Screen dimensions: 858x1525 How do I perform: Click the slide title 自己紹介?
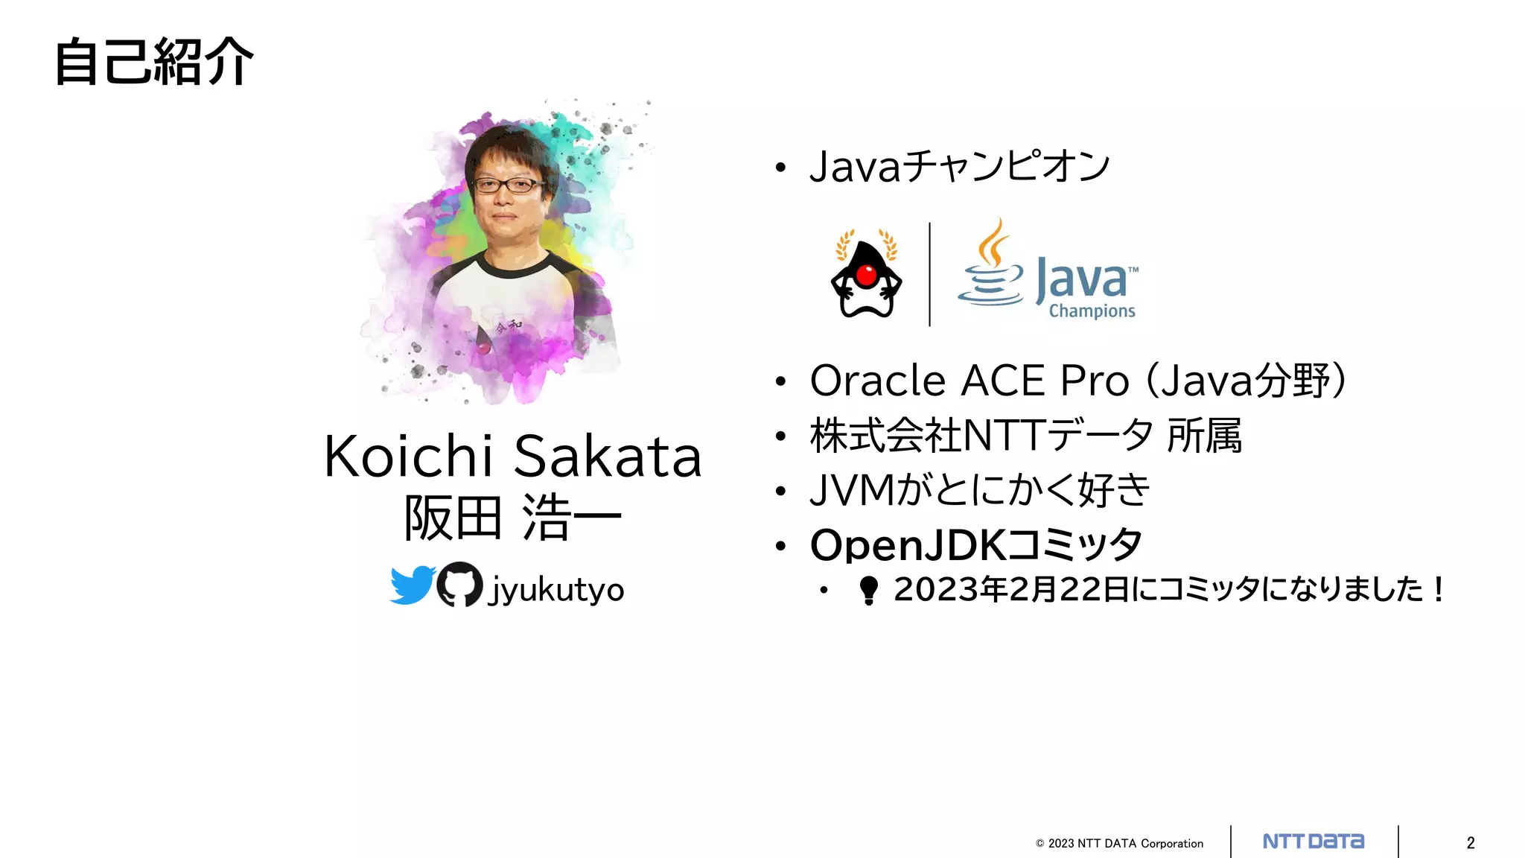pyautogui.click(x=154, y=62)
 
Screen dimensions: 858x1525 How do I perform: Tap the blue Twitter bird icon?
pyautogui.click(x=412, y=585)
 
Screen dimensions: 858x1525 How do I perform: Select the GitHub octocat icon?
pyautogui.click(x=459, y=585)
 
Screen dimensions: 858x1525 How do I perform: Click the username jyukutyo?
pyautogui.click(x=555, y=590)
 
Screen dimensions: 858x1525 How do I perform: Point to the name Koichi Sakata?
pyautogui.click(x=512, y=456)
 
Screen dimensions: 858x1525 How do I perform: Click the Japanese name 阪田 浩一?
pyautogui.click(x=512, y=518)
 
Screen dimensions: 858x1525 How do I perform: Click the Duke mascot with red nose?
pyautogui.click(x=866, y=276)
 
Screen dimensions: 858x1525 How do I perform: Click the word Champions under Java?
pyautogui.click(x=1092, y=311)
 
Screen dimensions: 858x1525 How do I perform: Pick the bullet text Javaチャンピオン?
pyautogui.click(x=960, y=166)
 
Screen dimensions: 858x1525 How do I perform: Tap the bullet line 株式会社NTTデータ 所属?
pyautogui.click(x=1025, y=436)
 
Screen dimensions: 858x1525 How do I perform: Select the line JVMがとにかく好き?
pyautogui.click(x=979, y=490)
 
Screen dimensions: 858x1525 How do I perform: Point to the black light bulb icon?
pyautogui.click(x=868, y=590)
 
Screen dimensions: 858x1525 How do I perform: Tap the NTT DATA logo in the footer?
pyautogui.click(x=1314, y=842)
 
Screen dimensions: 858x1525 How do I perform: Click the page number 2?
pyautogui.click(x=1471, y=843)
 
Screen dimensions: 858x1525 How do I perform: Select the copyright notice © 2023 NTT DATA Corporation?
pyautogui.click(x=1119, y=843)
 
